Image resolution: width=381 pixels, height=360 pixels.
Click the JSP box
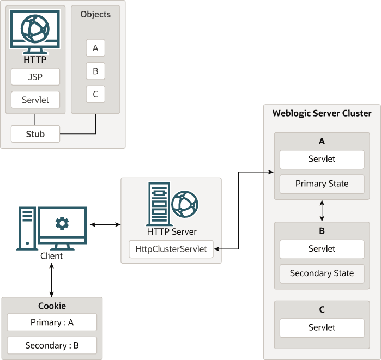click(x=35, y=77)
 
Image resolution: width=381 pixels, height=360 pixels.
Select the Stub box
click(x=35, y=133)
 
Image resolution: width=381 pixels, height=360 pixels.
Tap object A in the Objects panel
click(x=95, y=48)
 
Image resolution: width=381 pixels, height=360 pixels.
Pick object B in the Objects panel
click(x=95, y=71)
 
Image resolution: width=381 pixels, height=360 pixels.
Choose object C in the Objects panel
click(x=95, y=94)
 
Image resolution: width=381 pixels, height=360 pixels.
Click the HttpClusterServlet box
click(x=171, y=249)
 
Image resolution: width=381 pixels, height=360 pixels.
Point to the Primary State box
click(x=322, y=184)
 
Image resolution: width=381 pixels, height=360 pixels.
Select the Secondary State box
click(x=322, y=273)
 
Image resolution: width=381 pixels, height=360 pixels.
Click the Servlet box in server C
click(x=322, y=327)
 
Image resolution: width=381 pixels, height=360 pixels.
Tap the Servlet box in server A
click(x=322, y=159)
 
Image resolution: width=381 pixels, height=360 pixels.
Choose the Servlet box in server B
click(x=322, y=249)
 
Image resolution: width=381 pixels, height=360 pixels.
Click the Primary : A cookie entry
click(x=52, y=322)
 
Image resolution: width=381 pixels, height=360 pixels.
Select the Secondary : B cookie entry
click(x=52, y=345)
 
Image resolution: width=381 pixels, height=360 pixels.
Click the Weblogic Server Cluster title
click(x=322, y=113)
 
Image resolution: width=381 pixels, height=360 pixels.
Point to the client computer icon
click(x=52, y=228)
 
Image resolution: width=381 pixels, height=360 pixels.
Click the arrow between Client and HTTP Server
click(x=105, y=224)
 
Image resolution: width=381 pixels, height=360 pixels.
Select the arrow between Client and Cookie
click(x=52, y=280)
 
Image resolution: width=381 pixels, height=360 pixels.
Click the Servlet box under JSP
click(x=35, y=100)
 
